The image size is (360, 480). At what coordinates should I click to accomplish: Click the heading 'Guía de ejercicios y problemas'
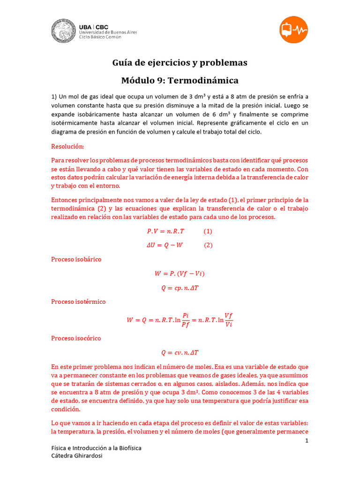[180, 63]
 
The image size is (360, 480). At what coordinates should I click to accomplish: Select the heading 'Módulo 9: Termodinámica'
[180, 80]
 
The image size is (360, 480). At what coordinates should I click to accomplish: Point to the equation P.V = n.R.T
[166, 231]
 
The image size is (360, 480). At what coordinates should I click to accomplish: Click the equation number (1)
[208, 231]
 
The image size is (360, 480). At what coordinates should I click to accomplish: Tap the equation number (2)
[208, 245]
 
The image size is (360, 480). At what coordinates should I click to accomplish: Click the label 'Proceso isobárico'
[76, 259]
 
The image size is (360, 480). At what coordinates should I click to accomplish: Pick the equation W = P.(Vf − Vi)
[180, 274]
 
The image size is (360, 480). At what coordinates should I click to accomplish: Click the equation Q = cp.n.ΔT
[180, 288]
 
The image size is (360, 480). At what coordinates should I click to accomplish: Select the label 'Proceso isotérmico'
[78, 301]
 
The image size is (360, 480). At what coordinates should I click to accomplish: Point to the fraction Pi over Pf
[185, 321]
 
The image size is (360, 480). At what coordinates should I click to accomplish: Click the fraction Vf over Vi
[228, 320]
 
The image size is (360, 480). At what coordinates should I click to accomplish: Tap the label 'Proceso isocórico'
[76, 338]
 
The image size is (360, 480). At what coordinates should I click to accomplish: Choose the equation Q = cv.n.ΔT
[180, 352]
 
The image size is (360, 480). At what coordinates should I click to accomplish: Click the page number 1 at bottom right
[307, 441]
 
